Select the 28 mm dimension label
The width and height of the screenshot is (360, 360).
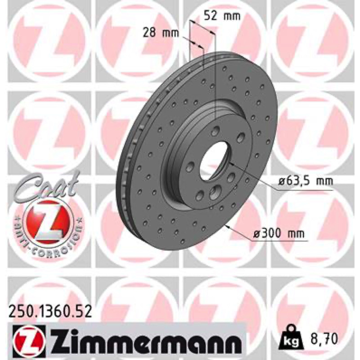[161, 33]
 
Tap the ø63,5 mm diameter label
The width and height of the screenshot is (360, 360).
[306, 182]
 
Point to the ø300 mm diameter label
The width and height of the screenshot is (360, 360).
[279, 234]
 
